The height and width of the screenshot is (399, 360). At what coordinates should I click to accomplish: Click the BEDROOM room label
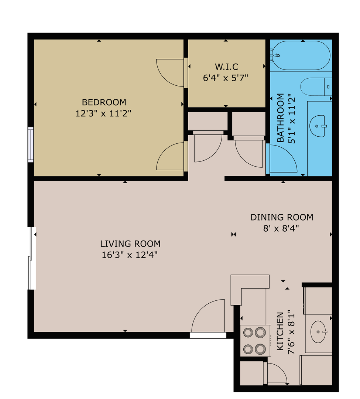[x=104, y=102]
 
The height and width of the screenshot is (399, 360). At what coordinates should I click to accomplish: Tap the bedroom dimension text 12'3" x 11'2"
[x=103, y=113]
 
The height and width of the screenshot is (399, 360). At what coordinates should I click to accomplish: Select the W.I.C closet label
[x=226, y=67]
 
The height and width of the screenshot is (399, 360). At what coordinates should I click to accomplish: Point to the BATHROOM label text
[x=281, y=118]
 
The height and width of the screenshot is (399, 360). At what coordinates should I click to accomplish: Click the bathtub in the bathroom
[x=301, y=55]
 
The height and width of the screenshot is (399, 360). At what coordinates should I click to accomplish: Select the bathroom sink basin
[x=318, y=126]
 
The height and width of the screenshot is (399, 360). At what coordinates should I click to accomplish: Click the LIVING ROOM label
[x=130, y=244]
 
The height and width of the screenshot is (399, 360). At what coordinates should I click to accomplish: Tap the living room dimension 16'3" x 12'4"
[x=130, y=255]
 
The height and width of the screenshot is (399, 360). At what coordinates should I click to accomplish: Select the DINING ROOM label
[x=282, y=217]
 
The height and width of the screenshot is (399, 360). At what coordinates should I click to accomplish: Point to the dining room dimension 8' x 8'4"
[x=281, y=228]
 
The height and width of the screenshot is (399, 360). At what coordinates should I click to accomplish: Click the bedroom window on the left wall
[x=31, y=144]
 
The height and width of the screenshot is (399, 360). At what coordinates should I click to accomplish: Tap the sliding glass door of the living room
[x=32, y=259]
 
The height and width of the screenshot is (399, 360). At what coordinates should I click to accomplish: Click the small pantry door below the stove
[x=275, y=373]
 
